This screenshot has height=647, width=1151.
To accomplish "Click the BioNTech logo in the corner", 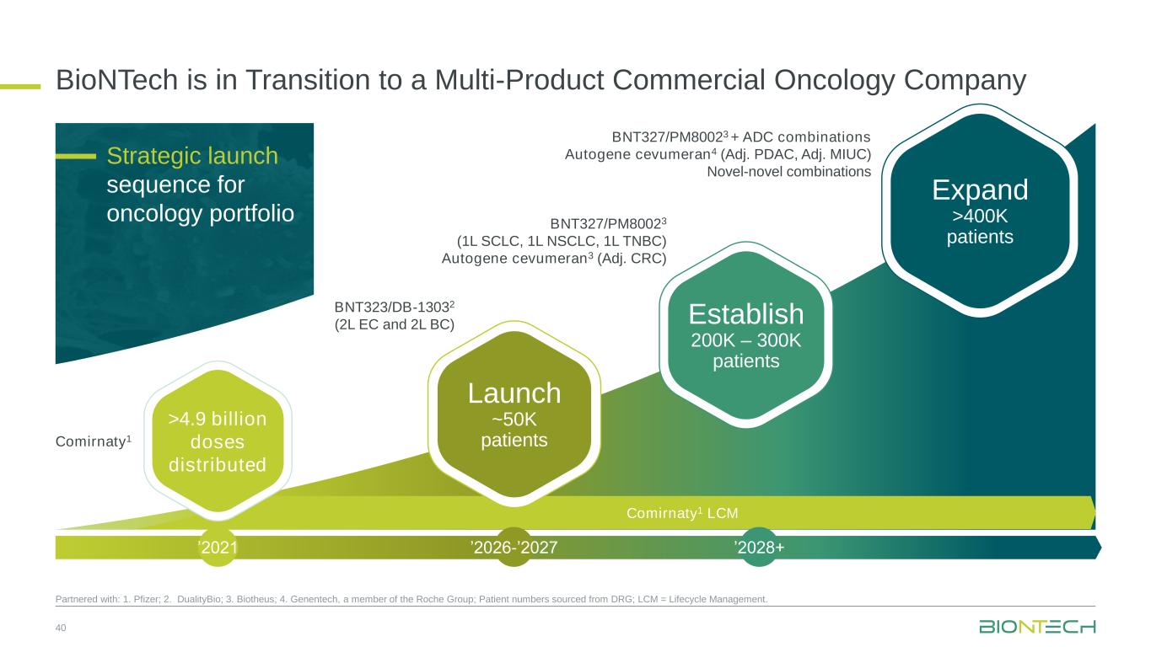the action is pos(1037,627).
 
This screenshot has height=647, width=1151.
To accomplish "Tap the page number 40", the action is pos(61,628).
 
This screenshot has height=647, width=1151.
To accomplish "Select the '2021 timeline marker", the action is pos(218,548).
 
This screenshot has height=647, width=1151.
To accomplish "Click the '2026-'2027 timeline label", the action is pos(514,548).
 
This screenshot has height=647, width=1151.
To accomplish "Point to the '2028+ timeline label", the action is pos(759,548).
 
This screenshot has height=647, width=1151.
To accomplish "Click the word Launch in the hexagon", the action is pos(514,393).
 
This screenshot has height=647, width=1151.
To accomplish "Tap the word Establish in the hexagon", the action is pos(746,313).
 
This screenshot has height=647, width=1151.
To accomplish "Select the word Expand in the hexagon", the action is pos(980,190).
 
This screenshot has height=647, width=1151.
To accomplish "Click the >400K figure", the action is pos(980,217).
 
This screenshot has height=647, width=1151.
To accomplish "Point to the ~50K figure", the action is pos(514,420).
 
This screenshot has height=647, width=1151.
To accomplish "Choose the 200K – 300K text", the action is pos(746,340).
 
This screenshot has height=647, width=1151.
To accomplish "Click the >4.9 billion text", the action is pos(218,419).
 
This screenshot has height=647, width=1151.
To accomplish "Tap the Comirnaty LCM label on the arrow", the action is pos(682,513).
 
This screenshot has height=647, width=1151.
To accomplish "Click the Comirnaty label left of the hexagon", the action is pos(94,441).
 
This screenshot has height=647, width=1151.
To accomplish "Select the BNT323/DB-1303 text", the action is pos(395,307).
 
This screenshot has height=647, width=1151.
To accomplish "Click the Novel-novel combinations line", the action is pos(788,172).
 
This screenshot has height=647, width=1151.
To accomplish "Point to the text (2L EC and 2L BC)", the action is pos(395,324).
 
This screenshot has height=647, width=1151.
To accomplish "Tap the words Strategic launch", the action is pos(192,156).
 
